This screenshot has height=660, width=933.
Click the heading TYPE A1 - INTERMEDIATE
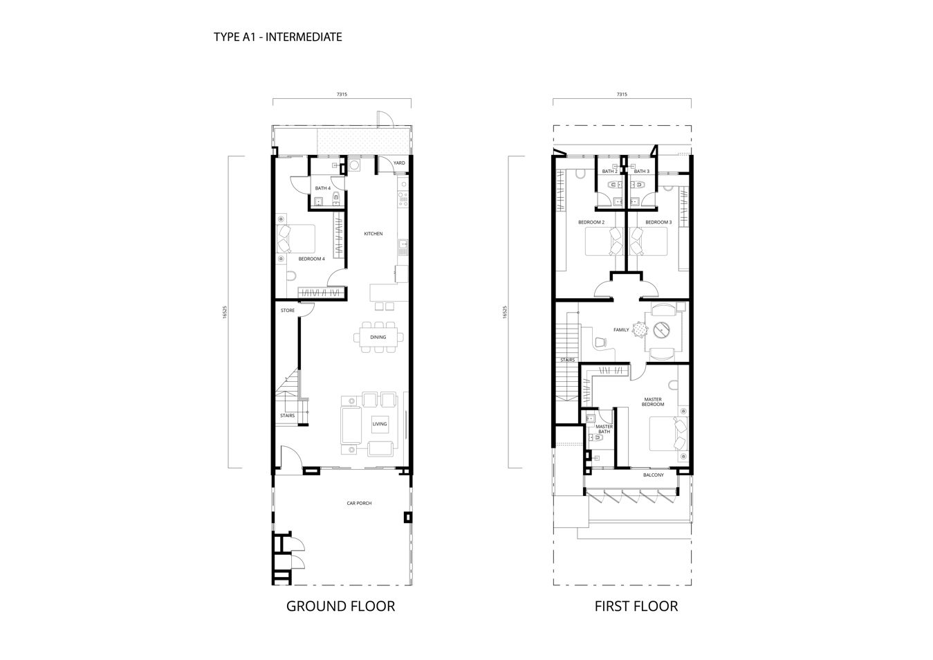(x=278, y=37)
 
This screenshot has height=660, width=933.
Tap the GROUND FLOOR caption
(x=341, y=606)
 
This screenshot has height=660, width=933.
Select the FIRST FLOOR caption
(x=636, y=606)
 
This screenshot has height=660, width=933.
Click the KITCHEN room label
(x=373, y=234)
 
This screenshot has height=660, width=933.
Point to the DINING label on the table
(x=378, y=337)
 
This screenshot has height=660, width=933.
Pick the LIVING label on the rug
(x=380, y=424)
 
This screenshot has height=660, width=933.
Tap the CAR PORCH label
(x=359, y=503)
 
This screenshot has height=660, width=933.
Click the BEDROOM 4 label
(x=311, y=259)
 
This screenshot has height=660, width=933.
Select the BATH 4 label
(x=323, y=188)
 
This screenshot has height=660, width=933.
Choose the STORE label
(x=288, y=311)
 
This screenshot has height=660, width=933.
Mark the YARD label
(x=399, y=163)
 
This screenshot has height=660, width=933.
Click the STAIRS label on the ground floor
(x=288, y=415)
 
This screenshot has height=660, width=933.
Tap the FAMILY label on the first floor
(x=621, y=329)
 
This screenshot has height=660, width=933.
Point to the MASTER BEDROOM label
(x=653, y=402)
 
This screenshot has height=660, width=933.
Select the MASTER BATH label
(x=604, y=429)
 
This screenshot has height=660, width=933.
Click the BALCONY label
(x=654, y=475)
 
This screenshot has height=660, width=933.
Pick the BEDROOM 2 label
(x=591, y=222)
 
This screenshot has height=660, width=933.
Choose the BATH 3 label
(x=641, y=172)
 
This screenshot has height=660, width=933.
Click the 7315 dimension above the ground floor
(x=342, y=94)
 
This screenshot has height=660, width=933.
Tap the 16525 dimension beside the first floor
(x=505, y=312)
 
